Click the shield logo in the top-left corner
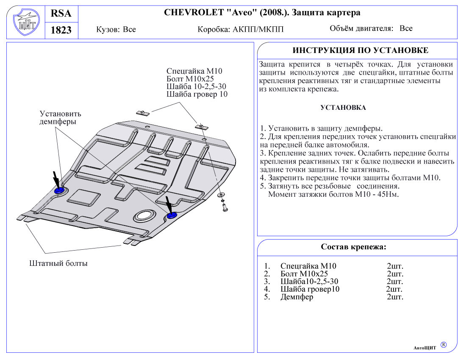click(x=25, y=22)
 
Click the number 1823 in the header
click(x=61, y=30)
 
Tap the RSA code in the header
click(x=61, y=14)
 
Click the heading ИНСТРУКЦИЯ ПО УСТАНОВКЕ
click(x=360, y=50)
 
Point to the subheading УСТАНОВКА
click(x=343, y=108)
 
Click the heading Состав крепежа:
click(x=353, y=247)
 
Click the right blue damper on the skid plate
click(x=172, y=216)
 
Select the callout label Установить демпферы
click(x=60, y=117)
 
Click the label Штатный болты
click(x=58, y=263)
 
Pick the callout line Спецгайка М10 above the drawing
click(x=194, y=71)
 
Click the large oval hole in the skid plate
click(x=145, y=216)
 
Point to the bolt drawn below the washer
click(x=224, y=207)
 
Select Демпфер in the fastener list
click(x=297, y=297)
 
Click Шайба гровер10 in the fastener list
click(x=310, y=289)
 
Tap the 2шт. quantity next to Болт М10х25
click(x=395, y=274)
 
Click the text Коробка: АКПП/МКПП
click(x=240, y=30)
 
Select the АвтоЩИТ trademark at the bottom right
click(x=425, y=348)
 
